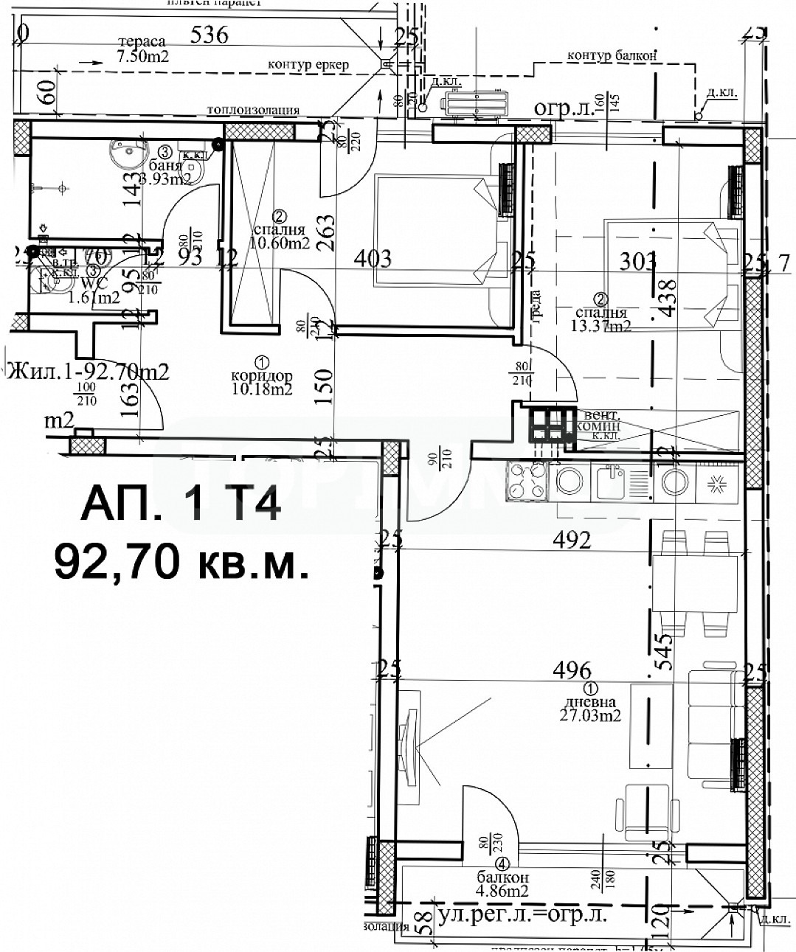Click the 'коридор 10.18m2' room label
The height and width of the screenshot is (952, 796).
[261, 375]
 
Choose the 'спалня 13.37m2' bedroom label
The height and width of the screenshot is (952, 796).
[601, 313]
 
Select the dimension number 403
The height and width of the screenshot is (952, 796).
[373, 258]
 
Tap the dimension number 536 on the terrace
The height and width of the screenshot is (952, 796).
[210, 34]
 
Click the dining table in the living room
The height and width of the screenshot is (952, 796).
[694, 584]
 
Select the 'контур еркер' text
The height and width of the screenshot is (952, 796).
[308, 65]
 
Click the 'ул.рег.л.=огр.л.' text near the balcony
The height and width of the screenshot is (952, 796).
[522, 916]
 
